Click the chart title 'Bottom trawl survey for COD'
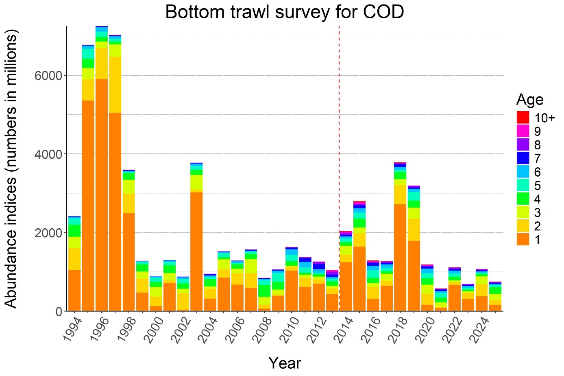pos(284,12)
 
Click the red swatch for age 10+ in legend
pos(523,118)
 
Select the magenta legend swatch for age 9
pos(523,131)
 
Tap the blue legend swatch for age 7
pos(523,158)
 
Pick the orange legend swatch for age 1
pos(523,240)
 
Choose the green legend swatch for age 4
pos(523,199)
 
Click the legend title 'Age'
pos(529,100)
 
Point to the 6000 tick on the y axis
pos(48,76)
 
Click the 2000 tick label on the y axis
pos(48,233)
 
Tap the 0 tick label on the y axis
pos(59,311)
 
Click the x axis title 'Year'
pos(284,363)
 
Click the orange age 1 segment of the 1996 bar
pos(102,195)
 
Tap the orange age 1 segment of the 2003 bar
pos(196,252)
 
